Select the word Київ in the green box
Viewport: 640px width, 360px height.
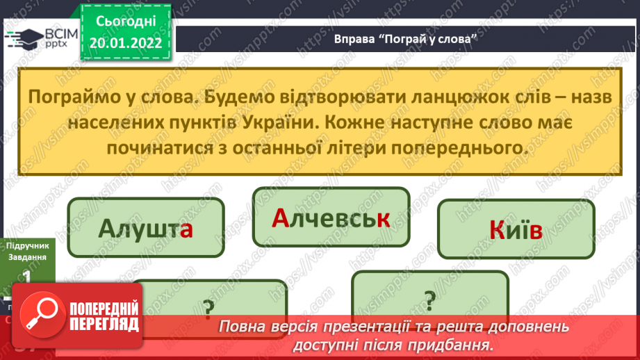click(516, 231)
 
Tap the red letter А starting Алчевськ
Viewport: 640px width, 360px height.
click(279, 219)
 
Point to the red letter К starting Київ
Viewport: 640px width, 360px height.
click(498, 231)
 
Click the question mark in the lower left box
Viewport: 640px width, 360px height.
click(207, 306)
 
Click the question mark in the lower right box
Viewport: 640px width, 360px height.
click(429, 299)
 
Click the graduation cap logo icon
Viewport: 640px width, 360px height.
click(26, 38)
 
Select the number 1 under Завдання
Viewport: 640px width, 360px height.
click(26, 277)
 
